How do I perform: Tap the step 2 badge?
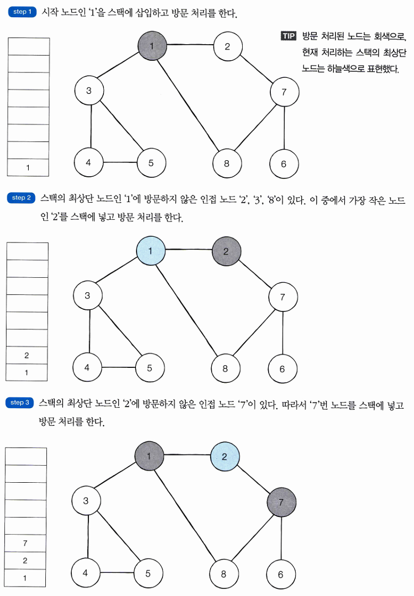(22, 198)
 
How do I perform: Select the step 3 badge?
(21, 403)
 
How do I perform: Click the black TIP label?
(289, 37)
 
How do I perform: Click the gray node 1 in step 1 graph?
(152, 45)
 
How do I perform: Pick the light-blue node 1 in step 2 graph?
(151, 252)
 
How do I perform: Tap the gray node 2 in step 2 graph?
(226, 251)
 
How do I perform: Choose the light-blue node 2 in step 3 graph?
(224, 457)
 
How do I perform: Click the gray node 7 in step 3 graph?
(281, 502)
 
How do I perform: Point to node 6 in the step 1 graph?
(284, 163)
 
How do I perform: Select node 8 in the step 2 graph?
(225, 368)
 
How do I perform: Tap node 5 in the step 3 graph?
(148, 573)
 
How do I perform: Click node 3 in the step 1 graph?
(89, 91)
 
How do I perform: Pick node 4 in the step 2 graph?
(87, 367)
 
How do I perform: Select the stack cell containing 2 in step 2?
(27, 356)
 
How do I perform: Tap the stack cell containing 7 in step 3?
(25, 543)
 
